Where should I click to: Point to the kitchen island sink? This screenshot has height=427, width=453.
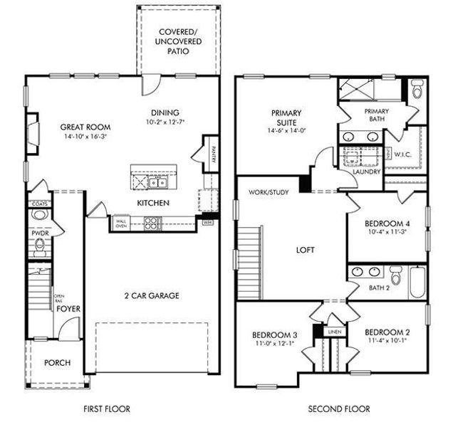tap(161, 183)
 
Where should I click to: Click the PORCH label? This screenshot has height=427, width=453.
tap(58, 363)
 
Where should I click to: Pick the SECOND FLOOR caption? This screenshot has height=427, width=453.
tap(338, 409)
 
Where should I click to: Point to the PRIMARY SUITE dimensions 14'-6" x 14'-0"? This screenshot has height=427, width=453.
tap(286, 130)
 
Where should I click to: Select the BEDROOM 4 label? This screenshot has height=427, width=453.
tap(387, 222)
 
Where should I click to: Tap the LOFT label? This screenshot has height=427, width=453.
tap(306, 250)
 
